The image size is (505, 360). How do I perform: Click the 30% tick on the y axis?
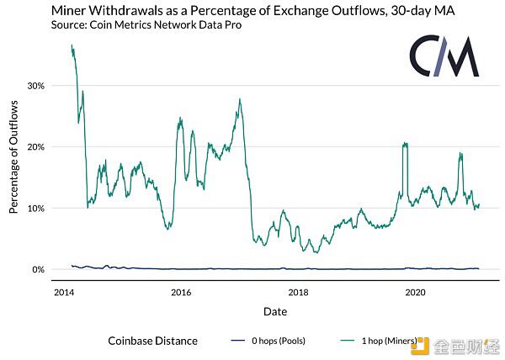coord(35,86)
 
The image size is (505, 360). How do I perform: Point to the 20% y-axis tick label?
coord(35,147)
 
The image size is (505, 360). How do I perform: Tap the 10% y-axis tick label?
coord(35,209)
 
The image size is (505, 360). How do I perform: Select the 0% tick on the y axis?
coord(39,270)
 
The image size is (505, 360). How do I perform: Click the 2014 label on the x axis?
coord(64,293)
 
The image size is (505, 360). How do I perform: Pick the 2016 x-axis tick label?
coord(181,293)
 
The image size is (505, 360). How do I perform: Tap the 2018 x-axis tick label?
coord(298,293)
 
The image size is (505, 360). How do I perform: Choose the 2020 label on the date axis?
coord(415,293)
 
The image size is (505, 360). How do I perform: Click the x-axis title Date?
coord(275,311)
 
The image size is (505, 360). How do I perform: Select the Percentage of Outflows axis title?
coord(13,157)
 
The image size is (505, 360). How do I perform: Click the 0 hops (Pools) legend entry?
coord(268,341)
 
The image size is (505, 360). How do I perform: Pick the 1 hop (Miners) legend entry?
coord(379,341)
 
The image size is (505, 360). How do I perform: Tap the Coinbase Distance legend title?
coord(152,341)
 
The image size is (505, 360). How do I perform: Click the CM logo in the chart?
coord(444,56)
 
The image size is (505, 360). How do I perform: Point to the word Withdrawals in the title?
coord(125,11)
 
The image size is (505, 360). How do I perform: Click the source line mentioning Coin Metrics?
coord(146,24)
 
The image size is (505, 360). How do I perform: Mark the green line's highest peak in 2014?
coord(72,45)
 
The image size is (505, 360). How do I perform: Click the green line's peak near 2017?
coord(240,99)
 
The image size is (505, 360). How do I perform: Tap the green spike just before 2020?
coord(405,143)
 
